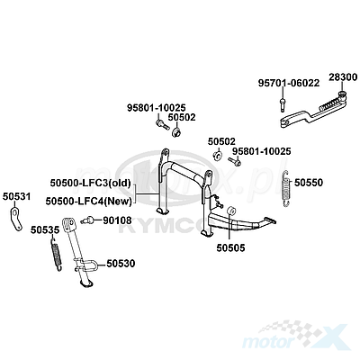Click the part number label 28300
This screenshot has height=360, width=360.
[343, 77]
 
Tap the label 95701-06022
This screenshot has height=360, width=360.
[289, 83]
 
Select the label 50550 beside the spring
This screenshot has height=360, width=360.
[309, 183]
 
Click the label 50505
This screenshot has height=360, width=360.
[230, 247]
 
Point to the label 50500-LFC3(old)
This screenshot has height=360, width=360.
[90, 183]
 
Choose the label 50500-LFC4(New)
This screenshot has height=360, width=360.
[89, 201]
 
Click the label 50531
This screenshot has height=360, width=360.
[17, 197]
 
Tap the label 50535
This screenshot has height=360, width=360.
[45, 229]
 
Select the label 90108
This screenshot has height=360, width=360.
[117, 220]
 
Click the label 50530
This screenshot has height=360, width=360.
[121, 264]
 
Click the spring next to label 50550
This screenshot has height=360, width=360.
[286, 188]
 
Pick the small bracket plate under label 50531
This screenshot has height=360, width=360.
[15, 219]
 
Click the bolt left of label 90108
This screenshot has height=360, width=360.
[87, 220]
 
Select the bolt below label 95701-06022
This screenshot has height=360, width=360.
[282, 104]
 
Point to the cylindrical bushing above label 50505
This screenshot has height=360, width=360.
[230, 211]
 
